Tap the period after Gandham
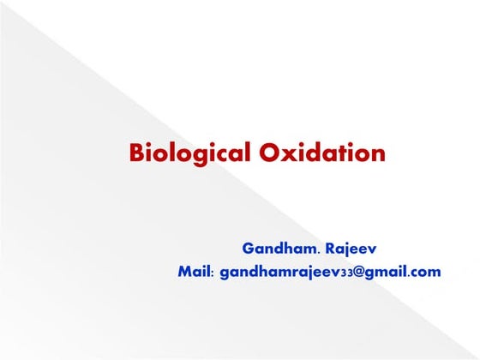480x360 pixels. tap(320, 254)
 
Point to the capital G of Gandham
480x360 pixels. tap(248, 249)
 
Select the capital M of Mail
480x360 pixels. tap(183, 272)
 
